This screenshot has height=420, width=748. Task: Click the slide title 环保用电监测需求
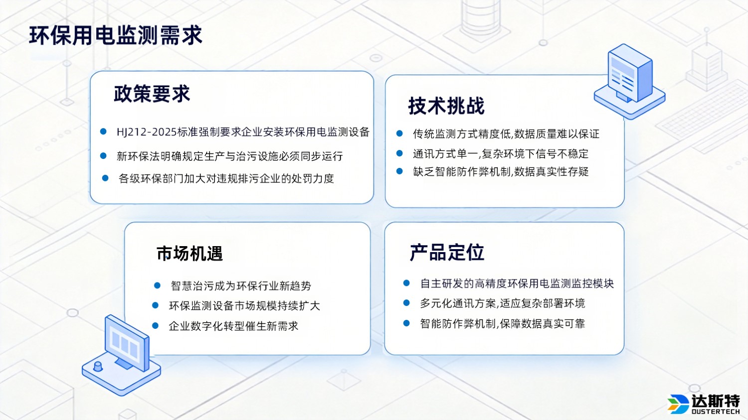click(116, 36)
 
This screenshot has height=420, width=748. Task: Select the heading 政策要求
click(152, 94)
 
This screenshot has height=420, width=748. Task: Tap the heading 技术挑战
click(446, 106)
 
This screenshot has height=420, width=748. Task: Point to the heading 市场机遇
click(189, 254)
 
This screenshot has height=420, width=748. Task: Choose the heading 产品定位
click(447, 253)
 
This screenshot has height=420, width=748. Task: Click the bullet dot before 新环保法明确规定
click(103, 156)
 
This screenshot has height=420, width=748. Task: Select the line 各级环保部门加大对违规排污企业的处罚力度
click(226, 178)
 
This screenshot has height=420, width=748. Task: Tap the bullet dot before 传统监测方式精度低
click(399, 134)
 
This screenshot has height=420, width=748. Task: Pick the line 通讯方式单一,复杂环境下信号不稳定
click(500, 153)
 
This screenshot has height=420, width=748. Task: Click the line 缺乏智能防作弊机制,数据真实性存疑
click(501, 172)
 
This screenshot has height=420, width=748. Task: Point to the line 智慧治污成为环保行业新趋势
click(241, 285)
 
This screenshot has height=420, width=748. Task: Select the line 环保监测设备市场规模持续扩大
click(244, 305)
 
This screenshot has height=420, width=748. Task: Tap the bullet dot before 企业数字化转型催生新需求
click(155, 326)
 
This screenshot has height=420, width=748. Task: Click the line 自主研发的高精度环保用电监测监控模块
click(517, 283)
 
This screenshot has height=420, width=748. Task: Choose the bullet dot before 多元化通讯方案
click(406, 303)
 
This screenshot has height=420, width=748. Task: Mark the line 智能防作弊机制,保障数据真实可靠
click(502, 323)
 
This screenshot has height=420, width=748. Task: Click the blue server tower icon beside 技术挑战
click(630, 80)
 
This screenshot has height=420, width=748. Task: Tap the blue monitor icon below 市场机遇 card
click(123, 354)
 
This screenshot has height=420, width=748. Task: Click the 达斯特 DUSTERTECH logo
click(704, 404)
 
